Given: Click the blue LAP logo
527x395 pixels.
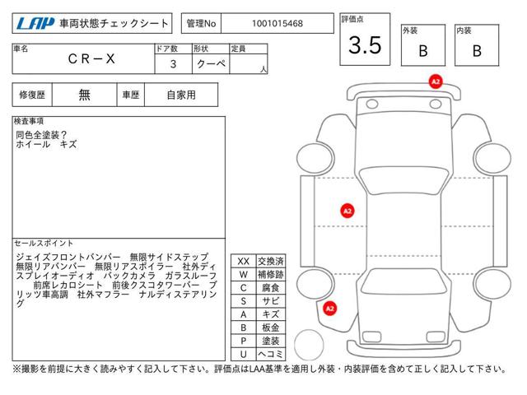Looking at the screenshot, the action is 35,24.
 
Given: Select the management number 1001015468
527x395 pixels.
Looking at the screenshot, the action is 277,24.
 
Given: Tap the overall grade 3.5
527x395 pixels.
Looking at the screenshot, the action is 365,45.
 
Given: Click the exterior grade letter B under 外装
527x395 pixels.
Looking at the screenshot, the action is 423,51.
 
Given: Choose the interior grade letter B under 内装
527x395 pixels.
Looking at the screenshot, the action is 477,51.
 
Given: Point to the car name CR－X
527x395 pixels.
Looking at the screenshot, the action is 91,59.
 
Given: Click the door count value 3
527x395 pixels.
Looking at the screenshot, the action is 173,64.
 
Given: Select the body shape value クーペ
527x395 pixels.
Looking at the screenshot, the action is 211,63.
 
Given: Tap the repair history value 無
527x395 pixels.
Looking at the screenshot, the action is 84,95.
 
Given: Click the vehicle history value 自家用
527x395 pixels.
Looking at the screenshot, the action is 181,95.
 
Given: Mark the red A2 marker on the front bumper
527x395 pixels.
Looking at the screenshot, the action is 436,81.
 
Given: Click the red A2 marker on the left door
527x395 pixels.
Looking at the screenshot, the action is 347,211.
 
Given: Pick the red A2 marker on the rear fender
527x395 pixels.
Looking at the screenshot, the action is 329,309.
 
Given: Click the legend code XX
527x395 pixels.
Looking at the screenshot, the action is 244,262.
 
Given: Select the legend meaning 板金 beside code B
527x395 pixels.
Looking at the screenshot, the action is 271,328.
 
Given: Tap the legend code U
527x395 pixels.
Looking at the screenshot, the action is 244,354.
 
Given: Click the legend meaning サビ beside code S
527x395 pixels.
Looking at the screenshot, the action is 271,301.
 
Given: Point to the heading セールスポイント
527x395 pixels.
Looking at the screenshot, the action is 44,243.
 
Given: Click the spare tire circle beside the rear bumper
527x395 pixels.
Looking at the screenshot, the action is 309,344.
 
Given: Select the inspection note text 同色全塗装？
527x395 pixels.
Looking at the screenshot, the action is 41,135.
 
